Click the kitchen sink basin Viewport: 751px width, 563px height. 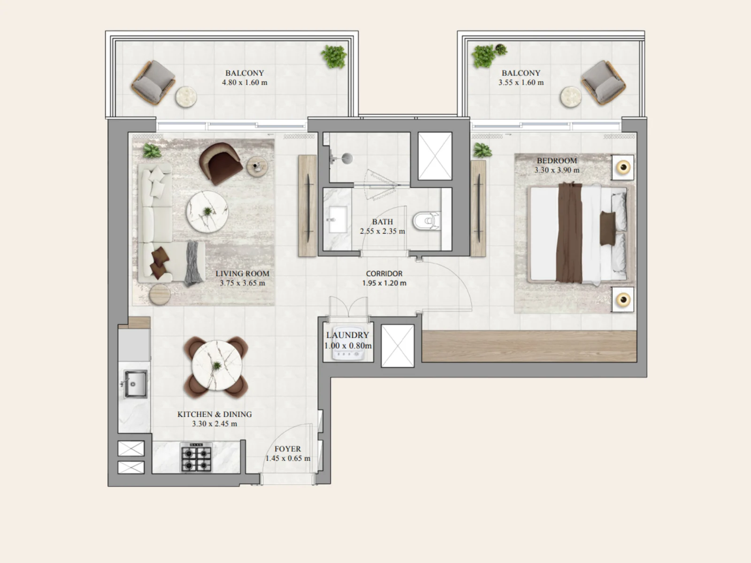pyautogui.click(x=136, y=384)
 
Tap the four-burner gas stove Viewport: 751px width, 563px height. pyautogui.click(x=196, y=458)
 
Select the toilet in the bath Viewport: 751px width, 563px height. pyautogui.click(x=426, y=221)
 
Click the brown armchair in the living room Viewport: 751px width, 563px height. pyautogui.click(x=221, y=163)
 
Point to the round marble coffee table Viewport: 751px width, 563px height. pyautogui.click(x=207, y=212)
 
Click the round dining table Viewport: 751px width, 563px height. pyautogui.click(x=216, y=365)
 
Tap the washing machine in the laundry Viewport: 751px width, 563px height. pyautogui.click(x=348, y=343)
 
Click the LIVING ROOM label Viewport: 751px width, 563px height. pyautogui.click(x=242, y=274)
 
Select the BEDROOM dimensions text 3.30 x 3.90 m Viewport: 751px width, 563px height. pyautogui.click(x=557, y=170)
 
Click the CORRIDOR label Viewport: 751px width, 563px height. pyautogui.click(x=384, y=274)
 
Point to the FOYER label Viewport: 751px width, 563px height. pyautogui.click(x=287, y=449)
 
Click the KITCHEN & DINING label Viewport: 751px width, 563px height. pyautogui.click(x=215, y=414)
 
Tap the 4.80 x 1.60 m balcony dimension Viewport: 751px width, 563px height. pyautogui.click(x=245, y=83)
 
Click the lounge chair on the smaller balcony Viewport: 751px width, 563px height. pyautogui.click(x=604, y=82)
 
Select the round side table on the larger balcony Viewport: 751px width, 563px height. pyautogui.click(x=186, y=97)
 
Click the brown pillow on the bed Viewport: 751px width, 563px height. pyautogui.click(x=608, y=228)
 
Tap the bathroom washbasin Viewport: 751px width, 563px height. pyautogui.click(x=337, y=220)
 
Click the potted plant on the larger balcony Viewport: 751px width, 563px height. pyautogui.click(x=334, y=57)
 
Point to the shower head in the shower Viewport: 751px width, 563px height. pyautogui.click(x=347, y=158)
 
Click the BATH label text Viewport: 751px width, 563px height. pyautogui.click(x=382, y=222)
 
